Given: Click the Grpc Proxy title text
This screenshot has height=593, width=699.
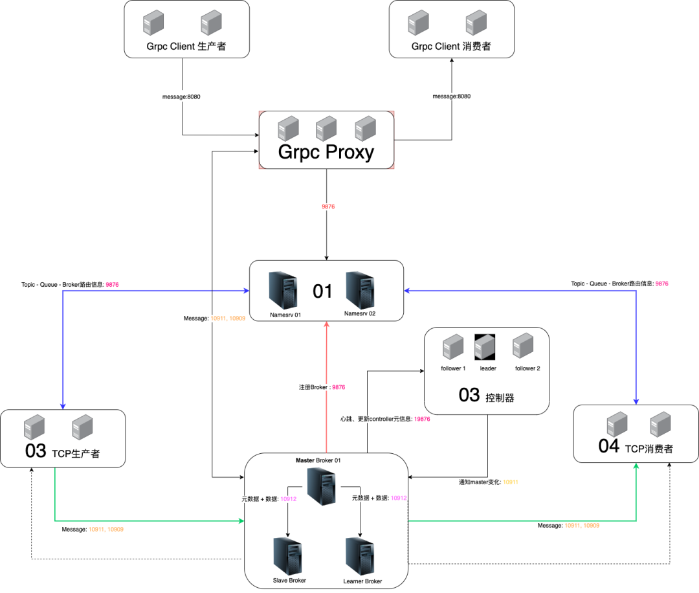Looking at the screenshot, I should click(326, 151).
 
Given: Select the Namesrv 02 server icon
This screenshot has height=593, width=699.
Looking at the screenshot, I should click(359, 289).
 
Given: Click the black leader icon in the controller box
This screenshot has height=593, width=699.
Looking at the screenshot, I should click(485, 347).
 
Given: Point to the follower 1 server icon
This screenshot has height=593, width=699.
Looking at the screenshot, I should click(453, 347).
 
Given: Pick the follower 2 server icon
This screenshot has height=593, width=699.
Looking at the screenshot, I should click(523, 347).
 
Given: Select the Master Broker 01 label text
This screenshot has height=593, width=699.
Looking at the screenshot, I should click(318, 460).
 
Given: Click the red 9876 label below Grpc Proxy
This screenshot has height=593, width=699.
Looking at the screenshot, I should click(328, 207).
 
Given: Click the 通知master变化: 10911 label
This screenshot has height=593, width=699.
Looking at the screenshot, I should click(489, 482).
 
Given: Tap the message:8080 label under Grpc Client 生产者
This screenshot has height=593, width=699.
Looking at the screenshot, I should click(181, 96).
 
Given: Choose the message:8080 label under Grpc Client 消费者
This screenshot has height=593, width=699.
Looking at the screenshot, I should click(451, 96).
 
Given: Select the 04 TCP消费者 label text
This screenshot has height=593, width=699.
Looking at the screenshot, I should click(636, 447).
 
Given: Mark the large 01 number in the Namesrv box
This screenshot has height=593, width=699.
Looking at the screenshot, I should click(322, 291).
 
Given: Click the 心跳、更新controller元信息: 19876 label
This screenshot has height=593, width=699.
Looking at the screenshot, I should click(385, 419).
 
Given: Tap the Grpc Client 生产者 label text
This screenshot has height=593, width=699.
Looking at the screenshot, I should click(186, 47).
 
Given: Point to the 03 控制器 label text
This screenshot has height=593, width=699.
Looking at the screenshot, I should click(486, 396).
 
